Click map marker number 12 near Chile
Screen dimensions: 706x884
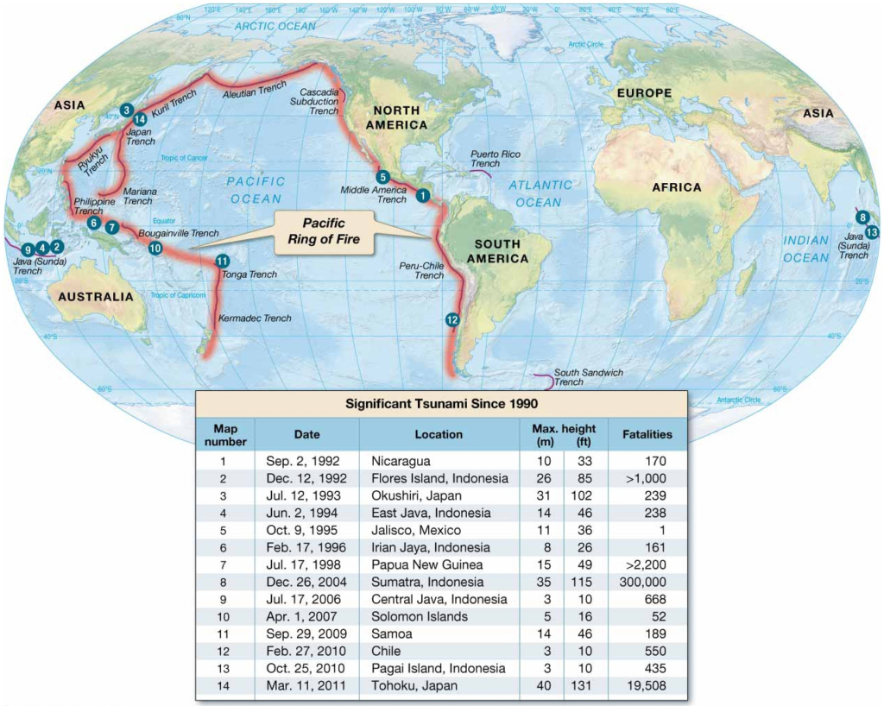[452, 319]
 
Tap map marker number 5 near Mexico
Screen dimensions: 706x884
[383, 178]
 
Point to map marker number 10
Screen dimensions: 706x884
[155, 248]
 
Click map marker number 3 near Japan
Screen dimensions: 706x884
[127, 110]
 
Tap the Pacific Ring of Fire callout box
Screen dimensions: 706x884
[324, 231]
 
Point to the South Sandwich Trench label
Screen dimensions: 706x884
[588, 377]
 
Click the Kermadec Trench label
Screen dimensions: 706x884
[255, 318]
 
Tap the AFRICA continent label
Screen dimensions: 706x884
[677, 187]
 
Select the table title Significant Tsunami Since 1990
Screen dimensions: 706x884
[441, 403]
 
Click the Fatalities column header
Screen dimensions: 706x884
[647, 434]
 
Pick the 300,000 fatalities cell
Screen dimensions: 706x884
[647, 582]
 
